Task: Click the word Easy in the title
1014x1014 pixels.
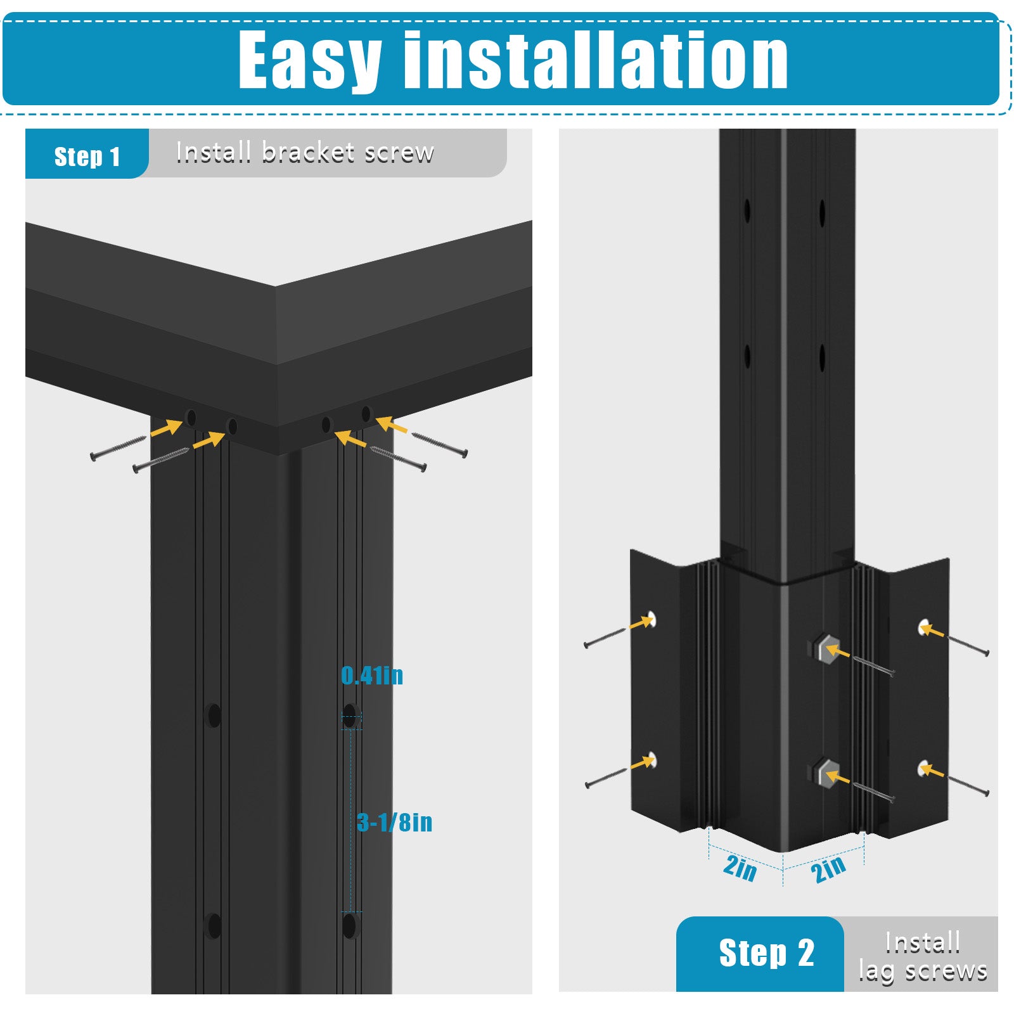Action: click(310, 61)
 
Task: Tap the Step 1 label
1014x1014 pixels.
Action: click(87, 157)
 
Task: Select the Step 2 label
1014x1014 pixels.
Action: click(766, 953)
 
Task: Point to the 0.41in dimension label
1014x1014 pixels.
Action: click(372, 676)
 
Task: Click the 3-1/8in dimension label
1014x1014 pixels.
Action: click(394, 823)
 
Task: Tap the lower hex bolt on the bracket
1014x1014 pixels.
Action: click(826, 774)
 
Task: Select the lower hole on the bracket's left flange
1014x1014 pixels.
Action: click(651, 759)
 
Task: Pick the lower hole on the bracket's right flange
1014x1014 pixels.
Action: click(924, 769)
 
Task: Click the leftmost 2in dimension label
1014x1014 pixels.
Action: click(740, 868)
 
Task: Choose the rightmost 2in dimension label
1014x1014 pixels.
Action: click(828, 868)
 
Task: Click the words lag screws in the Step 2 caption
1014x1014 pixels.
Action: click(923, 971)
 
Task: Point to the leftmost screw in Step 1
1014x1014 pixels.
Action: click(119, 448)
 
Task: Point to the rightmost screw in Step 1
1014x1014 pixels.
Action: click(440, 444)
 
